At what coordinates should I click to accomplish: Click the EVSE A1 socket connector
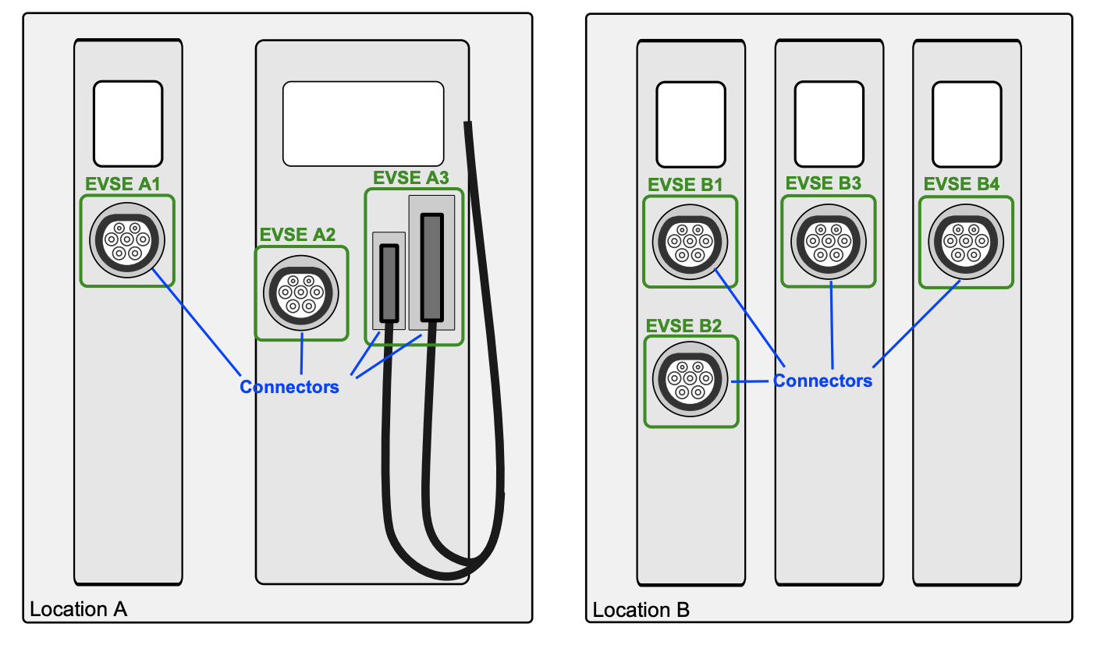coord(127,239)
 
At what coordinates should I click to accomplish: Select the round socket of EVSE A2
coord(301,293)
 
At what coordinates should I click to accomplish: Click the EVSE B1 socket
coord(690,240)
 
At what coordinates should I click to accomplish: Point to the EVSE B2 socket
coord(690,381)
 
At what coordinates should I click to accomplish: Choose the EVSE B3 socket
coord(828,239)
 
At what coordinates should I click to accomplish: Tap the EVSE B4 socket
coord(966,239)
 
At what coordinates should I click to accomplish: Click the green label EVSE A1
coord(123,185)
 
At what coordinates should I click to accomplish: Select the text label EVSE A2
coord(297,235)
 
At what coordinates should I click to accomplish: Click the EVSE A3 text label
coord(411,178)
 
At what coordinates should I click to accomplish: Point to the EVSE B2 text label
coord(684,326)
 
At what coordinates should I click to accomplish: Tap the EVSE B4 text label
coord(961,185)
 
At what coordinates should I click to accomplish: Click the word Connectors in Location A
coord(289,387)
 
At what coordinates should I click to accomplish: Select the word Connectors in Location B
coord(822,381)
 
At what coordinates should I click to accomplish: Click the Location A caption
coord(78,609)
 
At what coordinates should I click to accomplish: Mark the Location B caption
coord(641,609)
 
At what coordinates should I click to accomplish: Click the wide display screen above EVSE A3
coord(363,123)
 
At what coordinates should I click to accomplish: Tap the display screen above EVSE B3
coord(828,123)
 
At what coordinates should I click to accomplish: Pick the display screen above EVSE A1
coord(128,123)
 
